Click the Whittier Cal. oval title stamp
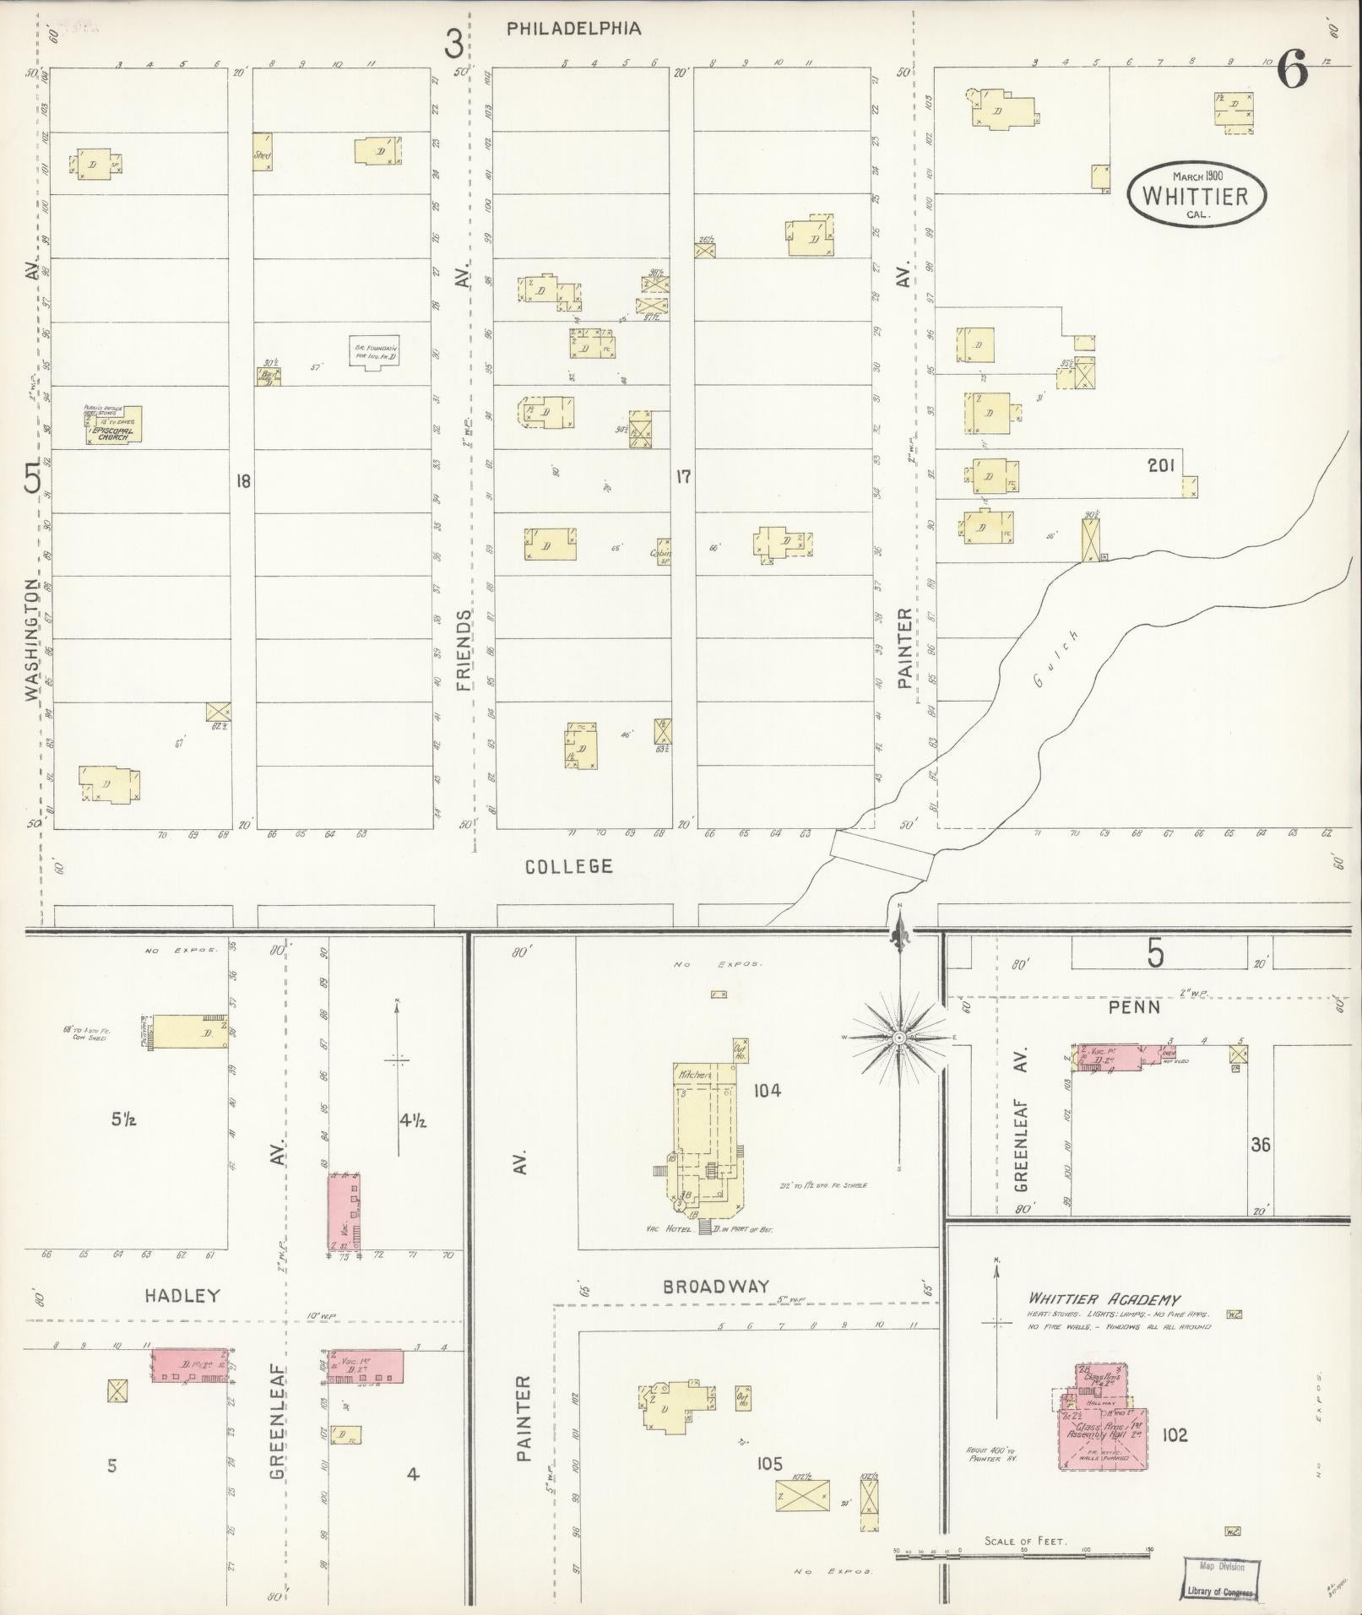coord(1197,193)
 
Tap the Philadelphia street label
coord(573,29)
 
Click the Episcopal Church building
coord(113,425)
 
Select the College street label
coord(568,866)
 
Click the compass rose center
coord(900,1037)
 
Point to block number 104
coord(768,1090)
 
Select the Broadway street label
coord(716,1286)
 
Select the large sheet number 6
coord(1292,69)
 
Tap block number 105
coord(770,1464)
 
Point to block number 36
coord(1261,1145)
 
